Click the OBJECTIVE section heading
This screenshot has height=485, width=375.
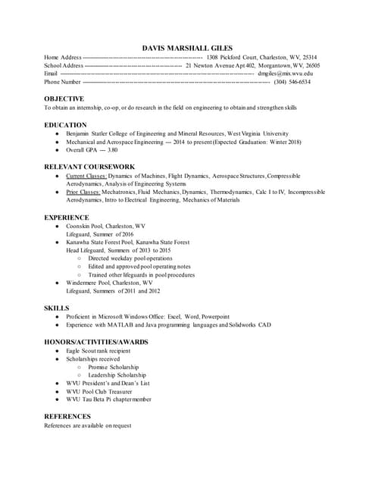click(64, 99)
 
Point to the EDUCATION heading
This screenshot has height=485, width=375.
click(65, 125)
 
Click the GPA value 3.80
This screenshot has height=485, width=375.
click(113, 150)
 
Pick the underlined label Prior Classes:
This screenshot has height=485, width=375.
click(83, 192)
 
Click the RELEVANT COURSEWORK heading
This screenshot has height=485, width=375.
click(89, 166)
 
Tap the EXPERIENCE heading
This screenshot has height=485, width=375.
click(67, 217)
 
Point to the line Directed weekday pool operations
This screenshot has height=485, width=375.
click(130, 258)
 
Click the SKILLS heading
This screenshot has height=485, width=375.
click(57, 308)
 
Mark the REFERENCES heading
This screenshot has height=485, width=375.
click(68, 416)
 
